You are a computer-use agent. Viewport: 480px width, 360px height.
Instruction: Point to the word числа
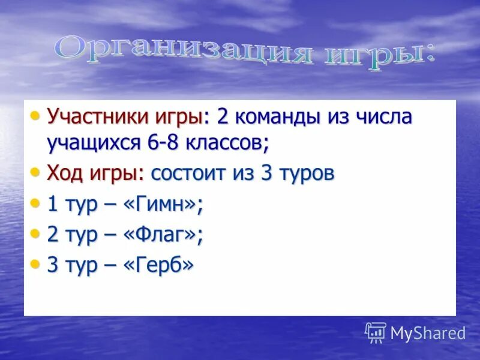click(383, 117)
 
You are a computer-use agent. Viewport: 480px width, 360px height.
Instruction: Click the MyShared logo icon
click(376, 332)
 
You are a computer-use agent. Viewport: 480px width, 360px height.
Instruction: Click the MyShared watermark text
click(428, 333)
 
